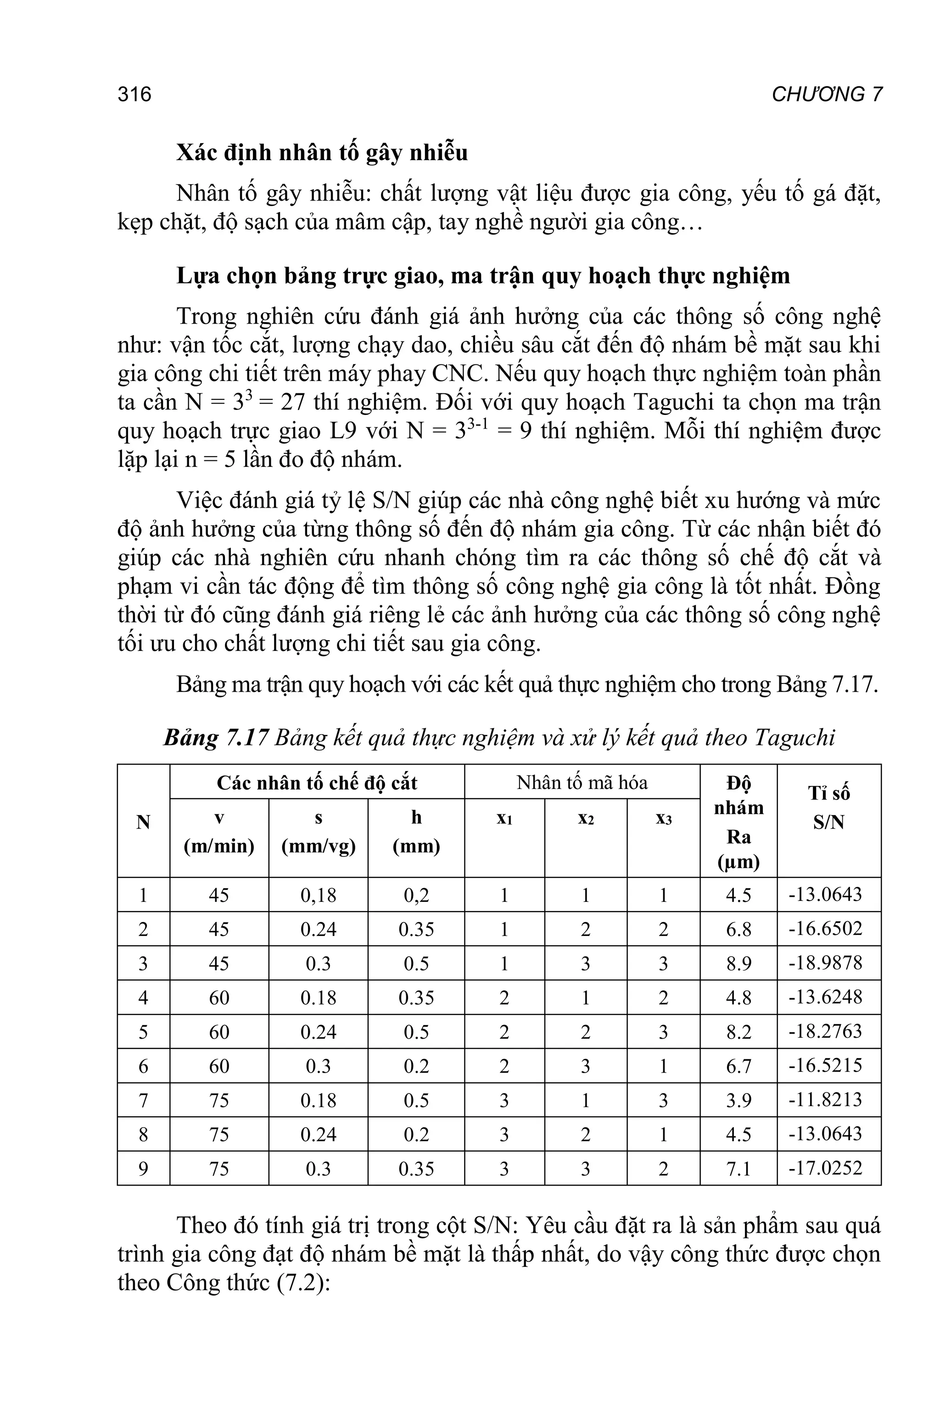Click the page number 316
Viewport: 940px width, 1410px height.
(x=134, y=95)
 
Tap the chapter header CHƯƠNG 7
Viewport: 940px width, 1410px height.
(x=827, y=95)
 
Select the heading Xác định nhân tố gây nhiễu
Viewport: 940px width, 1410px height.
(x=322, y=153)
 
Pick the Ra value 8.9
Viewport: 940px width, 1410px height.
(x=738, y=963)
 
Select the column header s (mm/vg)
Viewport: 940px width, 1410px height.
(x=319, y=832)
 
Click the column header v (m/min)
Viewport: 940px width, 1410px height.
(x=219, y=832)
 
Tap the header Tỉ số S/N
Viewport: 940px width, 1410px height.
(x=828, y=807)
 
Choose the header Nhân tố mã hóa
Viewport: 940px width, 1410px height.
(x=582, y=782)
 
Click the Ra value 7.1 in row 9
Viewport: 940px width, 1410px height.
(x=738, y=1169)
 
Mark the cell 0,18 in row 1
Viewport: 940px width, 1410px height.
(x=319, y=895)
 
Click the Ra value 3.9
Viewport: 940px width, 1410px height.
(x=738, y=1100)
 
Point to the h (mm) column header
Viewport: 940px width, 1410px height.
(x=416, y=832)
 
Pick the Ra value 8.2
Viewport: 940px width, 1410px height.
(x=738, y=1032)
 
